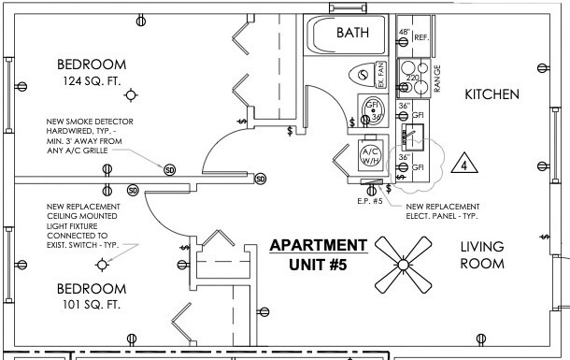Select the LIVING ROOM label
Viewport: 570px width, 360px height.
(482, 254)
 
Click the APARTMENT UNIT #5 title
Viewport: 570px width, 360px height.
(318, 254)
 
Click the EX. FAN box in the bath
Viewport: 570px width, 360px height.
(380, 72)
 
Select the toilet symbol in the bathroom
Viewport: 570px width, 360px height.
(361, 73)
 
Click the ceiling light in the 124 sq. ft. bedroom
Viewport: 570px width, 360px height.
(132, 94)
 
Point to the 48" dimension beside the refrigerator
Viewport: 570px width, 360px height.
(405, 33)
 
